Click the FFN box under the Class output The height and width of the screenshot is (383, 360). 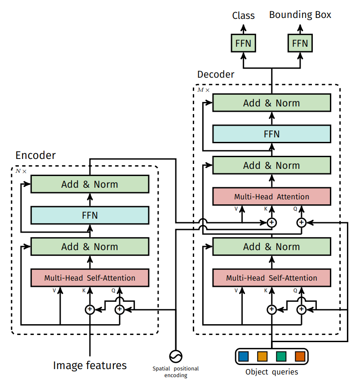[x=243, y=43]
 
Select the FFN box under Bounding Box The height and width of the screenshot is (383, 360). [x=300, y=43]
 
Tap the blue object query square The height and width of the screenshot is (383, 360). [x=244, y=357]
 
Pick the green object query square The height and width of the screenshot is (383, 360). [x=281, y=357]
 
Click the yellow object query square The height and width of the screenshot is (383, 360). [x=262, y=357]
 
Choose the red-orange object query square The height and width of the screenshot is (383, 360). [x=300, y=357]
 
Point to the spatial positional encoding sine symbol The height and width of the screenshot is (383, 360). [x=175, y=356]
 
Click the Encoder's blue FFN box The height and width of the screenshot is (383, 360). [x=89, y=216]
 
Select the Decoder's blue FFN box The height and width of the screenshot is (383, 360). [x=271, y=134]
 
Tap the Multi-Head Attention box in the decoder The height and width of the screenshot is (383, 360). [x=271, y=197]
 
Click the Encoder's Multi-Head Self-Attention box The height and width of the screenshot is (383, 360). [x=89, y=278]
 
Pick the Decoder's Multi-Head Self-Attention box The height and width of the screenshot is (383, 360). [x=271, y=278]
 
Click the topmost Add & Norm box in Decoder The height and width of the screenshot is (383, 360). [x=271, y=103]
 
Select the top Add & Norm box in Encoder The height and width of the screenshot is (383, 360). [x=89, y=184]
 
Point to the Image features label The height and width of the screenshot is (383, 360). [x=90, y=365]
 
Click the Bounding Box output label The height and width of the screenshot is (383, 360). [x=300, y=15]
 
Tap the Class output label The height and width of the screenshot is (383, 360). [x=243, y=16]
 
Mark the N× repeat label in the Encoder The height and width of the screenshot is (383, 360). [x=21, y=172]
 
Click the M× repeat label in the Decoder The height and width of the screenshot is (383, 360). [x=204, y=90]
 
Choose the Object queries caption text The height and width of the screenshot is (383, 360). [x=271, y=372]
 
